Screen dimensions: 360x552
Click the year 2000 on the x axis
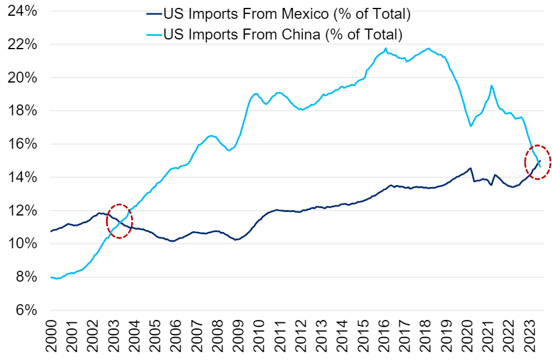(x=52, y=337)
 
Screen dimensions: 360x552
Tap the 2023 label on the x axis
(x=531, y=337)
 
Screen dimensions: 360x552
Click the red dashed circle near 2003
(x=120, y=221)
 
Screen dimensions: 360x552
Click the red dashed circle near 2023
(x=537, y=162)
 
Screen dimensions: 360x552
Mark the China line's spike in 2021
(x=491, y=86)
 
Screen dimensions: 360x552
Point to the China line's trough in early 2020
(x=471, y=126)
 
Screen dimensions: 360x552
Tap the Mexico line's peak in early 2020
(x=471, y=168)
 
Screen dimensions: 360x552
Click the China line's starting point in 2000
(x=51, y=277)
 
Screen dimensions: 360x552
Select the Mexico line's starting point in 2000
(x=51, y=231)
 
